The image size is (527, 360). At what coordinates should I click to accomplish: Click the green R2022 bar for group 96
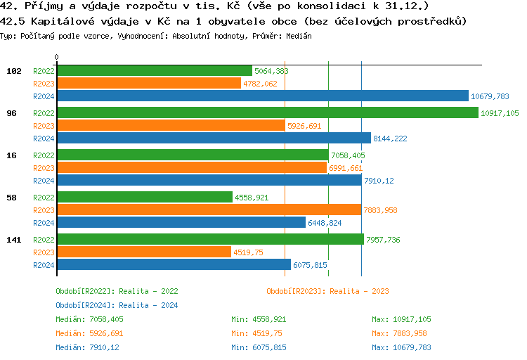click(x=267, y=112)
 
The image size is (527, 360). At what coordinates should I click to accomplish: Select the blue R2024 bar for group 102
click(x=262, y=96)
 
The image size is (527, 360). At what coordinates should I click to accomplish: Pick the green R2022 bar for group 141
click(x=210, y=239)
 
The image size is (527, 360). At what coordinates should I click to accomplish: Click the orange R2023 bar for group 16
click(x=192, y=167)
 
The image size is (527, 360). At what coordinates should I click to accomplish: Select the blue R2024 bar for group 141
click(x=174, y=264)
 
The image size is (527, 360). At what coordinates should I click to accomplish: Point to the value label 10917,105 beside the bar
click(x=500, y=113)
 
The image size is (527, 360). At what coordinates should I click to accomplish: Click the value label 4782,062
click(x=260, y=84)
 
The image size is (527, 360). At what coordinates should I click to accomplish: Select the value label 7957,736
click(x=384, y=240)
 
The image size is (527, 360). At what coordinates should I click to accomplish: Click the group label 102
click(x=13, y=71)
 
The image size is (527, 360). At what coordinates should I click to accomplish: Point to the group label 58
click(x=11, y=198)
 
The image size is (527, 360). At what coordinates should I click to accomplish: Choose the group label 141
click(x=13, y=240)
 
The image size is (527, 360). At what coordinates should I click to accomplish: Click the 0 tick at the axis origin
click(x=57, y=57)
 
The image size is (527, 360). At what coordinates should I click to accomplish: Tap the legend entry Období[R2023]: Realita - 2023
click(x=327, y=291)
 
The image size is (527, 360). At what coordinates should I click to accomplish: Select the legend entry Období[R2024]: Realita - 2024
click(x=117, y=305)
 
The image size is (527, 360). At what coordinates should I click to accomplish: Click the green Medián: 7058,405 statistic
click(x=89, y=319)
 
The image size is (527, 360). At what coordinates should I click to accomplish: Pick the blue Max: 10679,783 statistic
click(x=401, y=347)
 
